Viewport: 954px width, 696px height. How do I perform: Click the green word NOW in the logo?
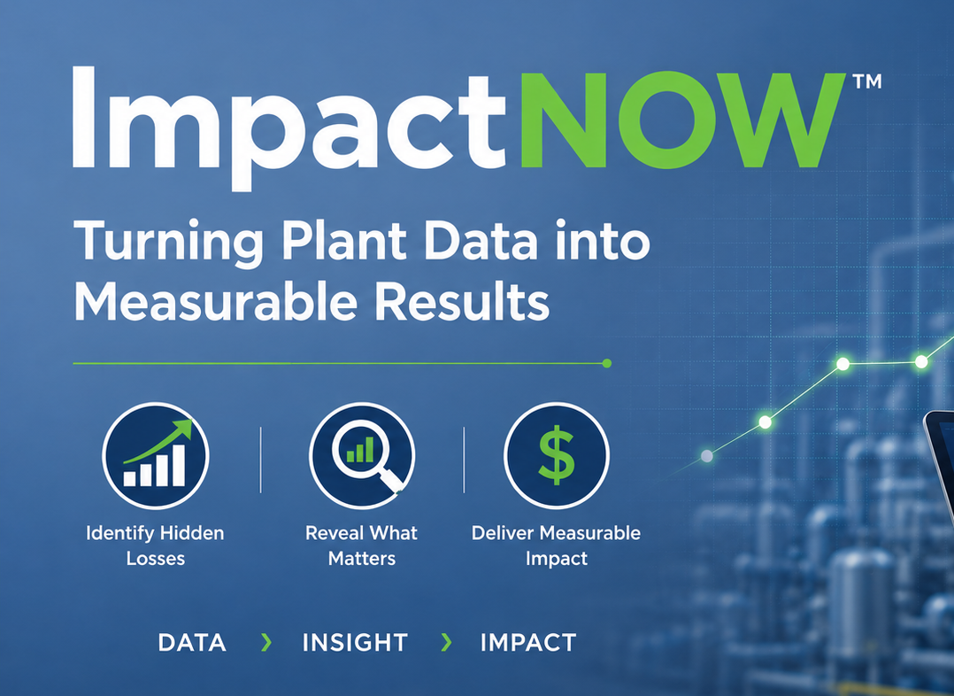pyautogui.click(x=682, y=120)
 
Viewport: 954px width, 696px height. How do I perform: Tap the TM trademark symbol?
pyautogui.click(x=867, y=81)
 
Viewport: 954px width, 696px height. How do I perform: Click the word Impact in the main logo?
pyautogui.click(x=289, y=128)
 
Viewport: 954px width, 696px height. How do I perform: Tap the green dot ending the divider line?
pyautogui.click(x=606, y=364)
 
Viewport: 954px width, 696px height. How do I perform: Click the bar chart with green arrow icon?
pyautogui.click(x=156, y=455)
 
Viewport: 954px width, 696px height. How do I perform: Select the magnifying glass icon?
pyautogui.click(x=363, y=455)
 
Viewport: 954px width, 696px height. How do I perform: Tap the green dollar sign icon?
pyautogui.click(x=557, y=455)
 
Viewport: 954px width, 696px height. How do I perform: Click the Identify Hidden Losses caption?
pyautogui.click(x=155, y=545)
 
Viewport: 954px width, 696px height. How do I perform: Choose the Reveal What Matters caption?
pyautogui.click(x=361, y=545)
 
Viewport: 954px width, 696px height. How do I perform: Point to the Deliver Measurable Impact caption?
pyautogui.click(x=556, y=545)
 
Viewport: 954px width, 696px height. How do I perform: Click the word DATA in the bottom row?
pyautogui.click(x=192, y=643)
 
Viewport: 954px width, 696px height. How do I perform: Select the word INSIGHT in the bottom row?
pyautogui.click(x=355, y=643)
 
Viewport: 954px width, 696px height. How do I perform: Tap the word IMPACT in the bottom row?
pyautogui.click(x=528, y=643)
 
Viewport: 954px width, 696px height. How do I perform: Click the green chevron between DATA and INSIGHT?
pyautogui.click(x=265, y=642)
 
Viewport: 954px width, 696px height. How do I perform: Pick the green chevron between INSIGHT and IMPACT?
pyautogui.click(x=446, y=642)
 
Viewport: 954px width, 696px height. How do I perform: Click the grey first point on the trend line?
pyautogui.click(x=707, y=456)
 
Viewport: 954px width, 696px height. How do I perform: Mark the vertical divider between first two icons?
pyautogui.click(x=260, y=460)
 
